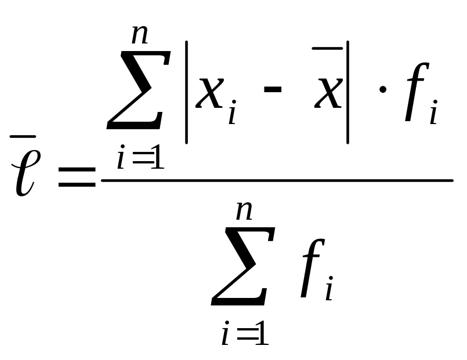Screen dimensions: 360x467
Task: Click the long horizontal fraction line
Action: (277, 180)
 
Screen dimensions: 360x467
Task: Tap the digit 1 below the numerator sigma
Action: (156, 158)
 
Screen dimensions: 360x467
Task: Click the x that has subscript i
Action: (209, 93)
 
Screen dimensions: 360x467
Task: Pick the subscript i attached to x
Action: (231, 114)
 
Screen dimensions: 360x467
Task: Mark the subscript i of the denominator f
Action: (329, 290)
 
